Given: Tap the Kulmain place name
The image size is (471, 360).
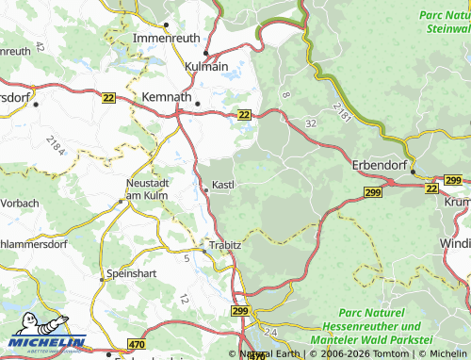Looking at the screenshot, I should point(206,67).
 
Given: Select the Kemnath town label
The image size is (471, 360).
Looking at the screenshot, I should point(166,97).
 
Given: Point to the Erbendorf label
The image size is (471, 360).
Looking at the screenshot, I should point(378,164).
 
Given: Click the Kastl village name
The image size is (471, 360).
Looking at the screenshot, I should point(223,185).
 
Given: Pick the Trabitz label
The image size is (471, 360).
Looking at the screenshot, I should point(225,245).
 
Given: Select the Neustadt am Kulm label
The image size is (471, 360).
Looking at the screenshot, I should point(145,188).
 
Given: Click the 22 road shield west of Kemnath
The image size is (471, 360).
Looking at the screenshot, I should point(110,97).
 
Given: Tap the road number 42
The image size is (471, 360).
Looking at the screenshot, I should point(39,46).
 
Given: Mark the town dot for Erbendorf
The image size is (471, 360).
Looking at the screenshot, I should point(413,172).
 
